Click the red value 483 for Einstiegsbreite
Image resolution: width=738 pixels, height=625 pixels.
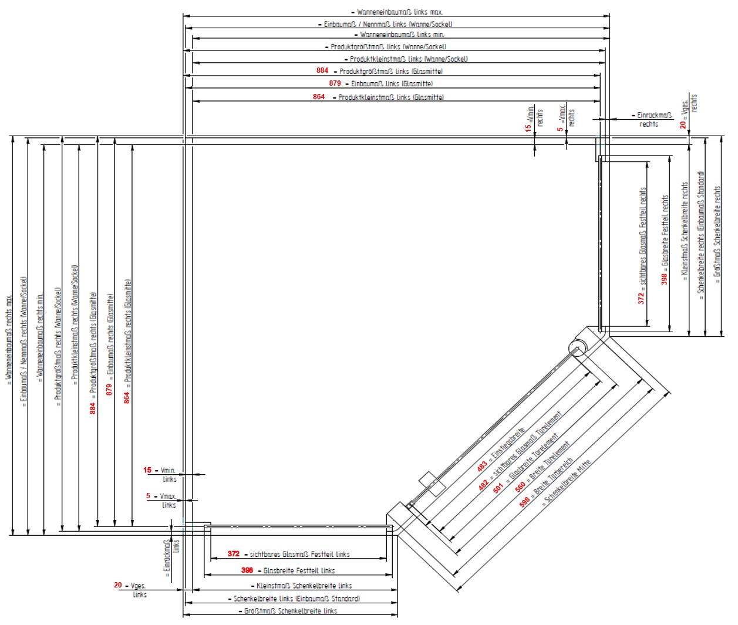482,466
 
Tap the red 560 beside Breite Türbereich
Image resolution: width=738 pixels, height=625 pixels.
520,487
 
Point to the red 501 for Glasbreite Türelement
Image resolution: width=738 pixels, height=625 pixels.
498,487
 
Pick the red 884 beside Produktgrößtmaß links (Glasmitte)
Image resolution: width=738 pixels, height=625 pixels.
322,70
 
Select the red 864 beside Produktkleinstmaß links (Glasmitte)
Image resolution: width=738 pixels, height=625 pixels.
319,97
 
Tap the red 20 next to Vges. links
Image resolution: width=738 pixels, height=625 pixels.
118,585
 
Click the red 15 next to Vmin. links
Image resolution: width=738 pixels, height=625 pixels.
147,470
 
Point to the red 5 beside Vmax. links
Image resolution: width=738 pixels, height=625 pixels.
149,496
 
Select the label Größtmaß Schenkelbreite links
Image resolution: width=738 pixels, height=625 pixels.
291,611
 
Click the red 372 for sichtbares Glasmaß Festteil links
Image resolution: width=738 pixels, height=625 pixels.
234,553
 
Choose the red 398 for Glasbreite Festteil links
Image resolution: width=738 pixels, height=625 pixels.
247,570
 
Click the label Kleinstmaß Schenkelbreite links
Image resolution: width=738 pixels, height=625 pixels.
304,586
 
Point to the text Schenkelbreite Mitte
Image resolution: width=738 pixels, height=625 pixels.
567,482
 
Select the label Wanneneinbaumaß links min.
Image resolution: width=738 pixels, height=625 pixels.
402,35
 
